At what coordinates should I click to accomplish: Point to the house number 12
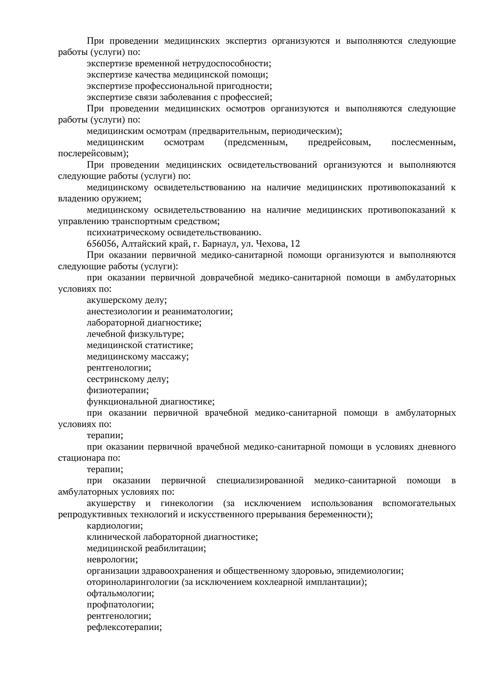pyautogui.click(x=295, y=244)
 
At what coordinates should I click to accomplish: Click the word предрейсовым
pyautogui.click(x=339, y=142)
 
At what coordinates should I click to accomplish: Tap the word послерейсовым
pyautogui.click(x=93, y=154)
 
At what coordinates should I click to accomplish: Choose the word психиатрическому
pyautogui.click(x=126, y=233)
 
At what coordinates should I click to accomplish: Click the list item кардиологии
pyautogui.click(x=115, y=526)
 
